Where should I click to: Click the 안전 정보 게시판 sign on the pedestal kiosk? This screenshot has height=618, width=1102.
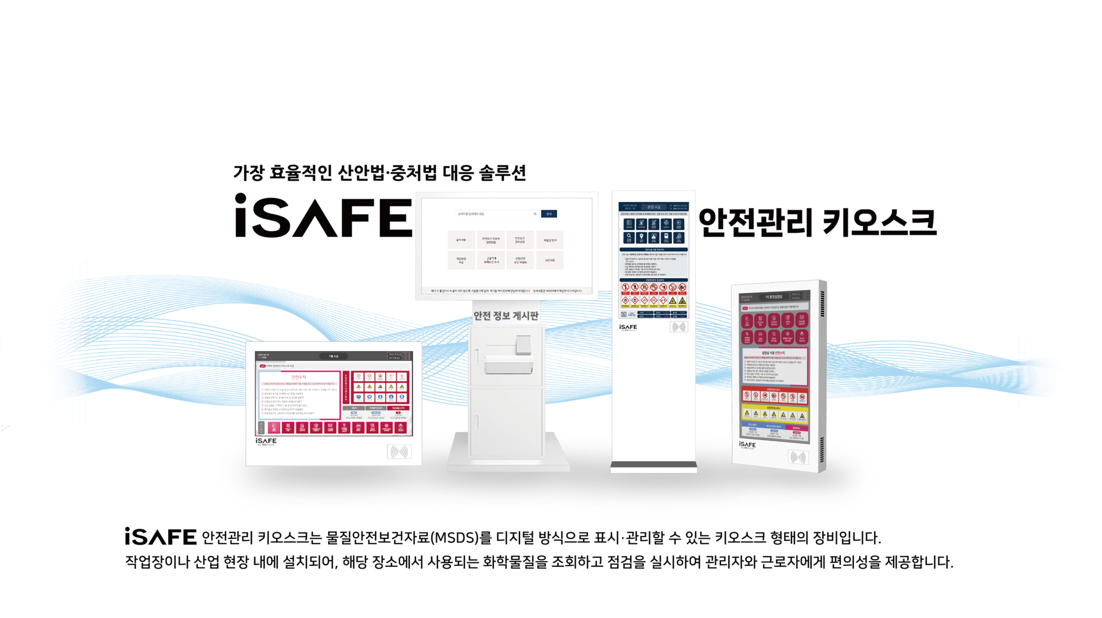(505, 316)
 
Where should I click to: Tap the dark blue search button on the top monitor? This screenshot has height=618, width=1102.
(549, 214)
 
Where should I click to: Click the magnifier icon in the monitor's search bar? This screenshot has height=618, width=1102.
(535, 214)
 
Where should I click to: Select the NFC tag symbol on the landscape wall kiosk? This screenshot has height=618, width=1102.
(399, 452)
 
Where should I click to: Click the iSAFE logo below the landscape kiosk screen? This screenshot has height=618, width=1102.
(266, 441)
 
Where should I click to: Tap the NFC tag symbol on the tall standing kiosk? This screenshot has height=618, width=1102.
(678, 327)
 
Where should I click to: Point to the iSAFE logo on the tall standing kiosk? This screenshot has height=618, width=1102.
(628, 328)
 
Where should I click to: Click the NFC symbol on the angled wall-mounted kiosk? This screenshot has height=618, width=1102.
(798, 457)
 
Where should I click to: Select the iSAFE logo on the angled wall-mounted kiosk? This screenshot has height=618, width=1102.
(747, 445)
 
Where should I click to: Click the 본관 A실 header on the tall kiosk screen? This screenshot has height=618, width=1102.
(654, 207)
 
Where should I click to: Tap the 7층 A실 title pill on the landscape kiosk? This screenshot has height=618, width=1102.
(333, 356)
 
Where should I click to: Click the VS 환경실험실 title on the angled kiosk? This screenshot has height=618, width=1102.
(774, 297)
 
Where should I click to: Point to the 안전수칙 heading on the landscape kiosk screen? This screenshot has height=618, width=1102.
(299, 377)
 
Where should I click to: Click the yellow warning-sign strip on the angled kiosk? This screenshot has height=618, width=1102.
(774, 414)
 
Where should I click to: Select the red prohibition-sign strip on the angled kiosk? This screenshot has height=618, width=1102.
(774, 396)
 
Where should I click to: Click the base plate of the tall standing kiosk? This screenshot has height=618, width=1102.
(654, 469)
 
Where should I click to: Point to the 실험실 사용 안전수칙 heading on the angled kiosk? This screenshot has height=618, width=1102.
(774, 353)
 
